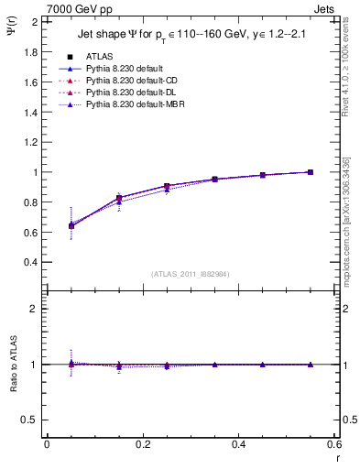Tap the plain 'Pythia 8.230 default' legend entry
(118, 69)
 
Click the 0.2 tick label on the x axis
(142, 444)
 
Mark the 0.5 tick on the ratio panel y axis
(31, 420)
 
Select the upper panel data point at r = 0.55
(310, 172)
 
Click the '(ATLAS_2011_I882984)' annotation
(190, 274)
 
